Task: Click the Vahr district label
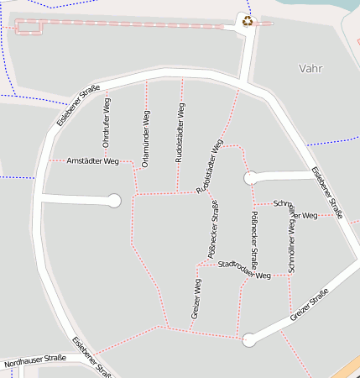click(x=310, y=68)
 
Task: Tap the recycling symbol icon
click(x=248, y=20)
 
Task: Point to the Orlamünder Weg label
click(x=146, y=139)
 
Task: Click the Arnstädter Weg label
click(x=92, y=160)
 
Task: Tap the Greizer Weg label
click(x=196, y=299)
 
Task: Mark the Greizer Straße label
click(x=308, y=307)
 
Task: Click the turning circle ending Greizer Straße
click(x=248, y=340)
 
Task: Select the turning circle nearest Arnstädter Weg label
click(x=115, y=201)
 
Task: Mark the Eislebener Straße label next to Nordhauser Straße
click(x=91, y=356)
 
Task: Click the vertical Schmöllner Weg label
click(x=291, y=244)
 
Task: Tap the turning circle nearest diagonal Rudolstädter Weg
click(x=250, y=177)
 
